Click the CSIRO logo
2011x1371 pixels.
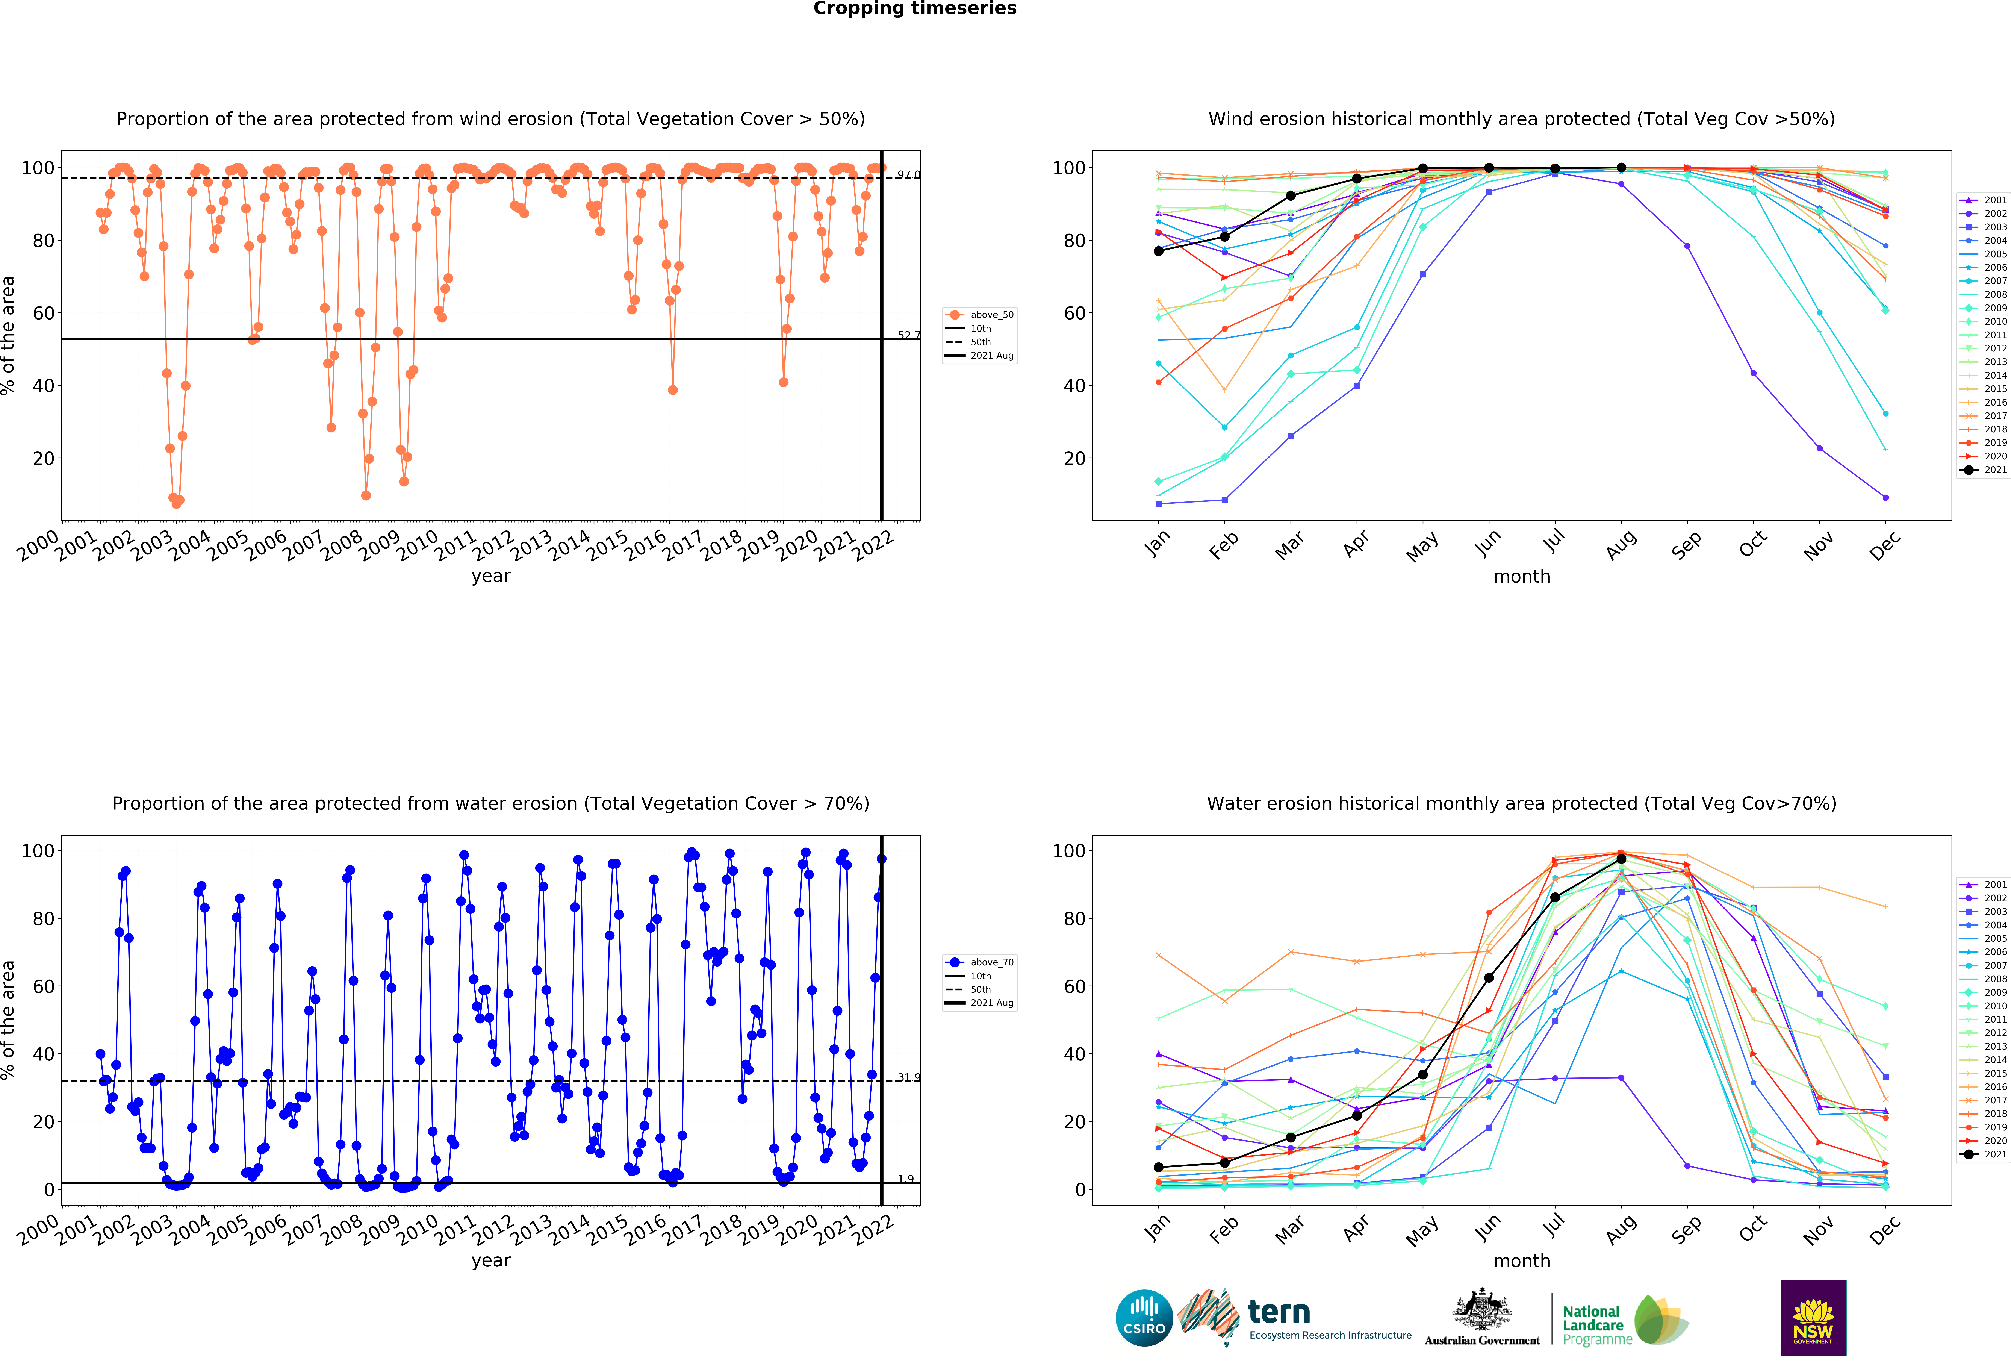[1144, 1318]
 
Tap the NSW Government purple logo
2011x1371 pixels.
[1813, 1317]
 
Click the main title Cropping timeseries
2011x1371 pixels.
[915, 9]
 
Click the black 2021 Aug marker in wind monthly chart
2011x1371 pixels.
[1621, 168]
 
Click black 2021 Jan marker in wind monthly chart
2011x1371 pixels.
[1159, 251]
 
